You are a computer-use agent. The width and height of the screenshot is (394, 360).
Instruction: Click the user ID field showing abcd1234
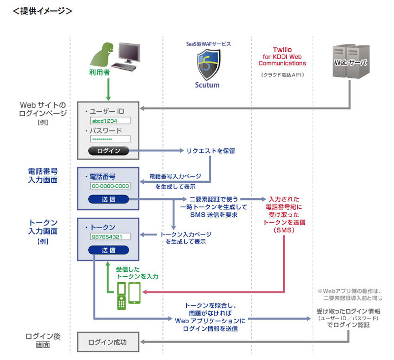[110, 121]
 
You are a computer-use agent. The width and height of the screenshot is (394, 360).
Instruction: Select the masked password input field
[110, 139]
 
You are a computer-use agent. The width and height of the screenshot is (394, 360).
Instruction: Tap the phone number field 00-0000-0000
[110, 186]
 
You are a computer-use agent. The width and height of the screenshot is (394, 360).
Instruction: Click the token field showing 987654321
[110, 237]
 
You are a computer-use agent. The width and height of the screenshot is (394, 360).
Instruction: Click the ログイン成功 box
[107, 342]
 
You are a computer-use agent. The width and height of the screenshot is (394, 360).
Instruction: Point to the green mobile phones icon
[128, 295]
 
